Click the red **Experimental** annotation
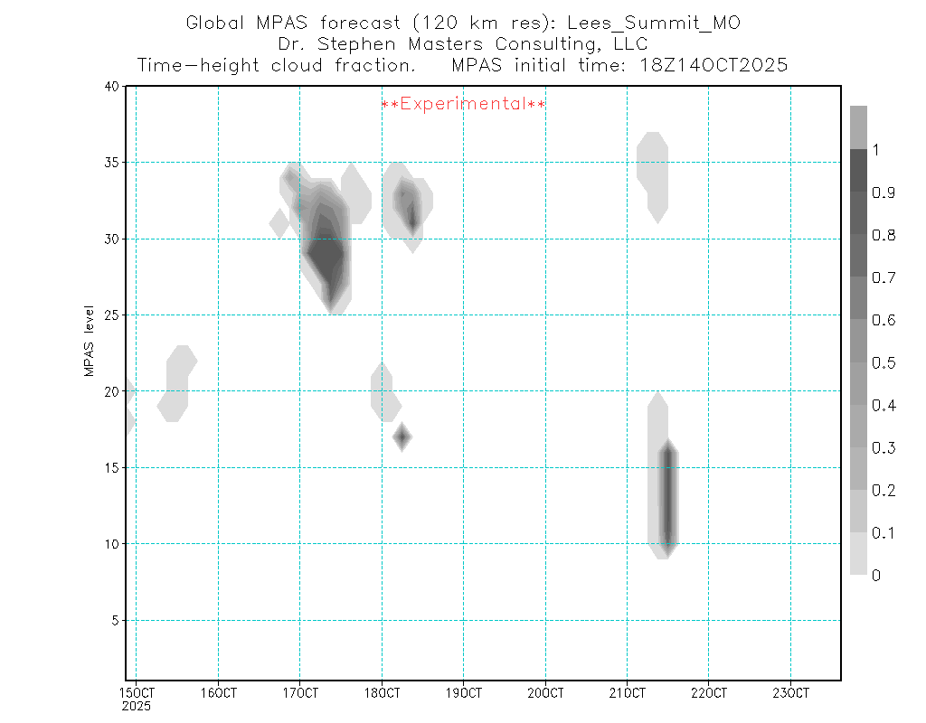[463, 104]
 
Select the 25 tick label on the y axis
[110, 315]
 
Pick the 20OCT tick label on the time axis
[545, 693]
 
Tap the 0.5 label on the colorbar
[882, 363]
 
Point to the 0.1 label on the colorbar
[882, 533]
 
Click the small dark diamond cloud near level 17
[402, 437]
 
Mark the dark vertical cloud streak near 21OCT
[667, 497]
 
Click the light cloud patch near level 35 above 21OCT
[653, 172]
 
